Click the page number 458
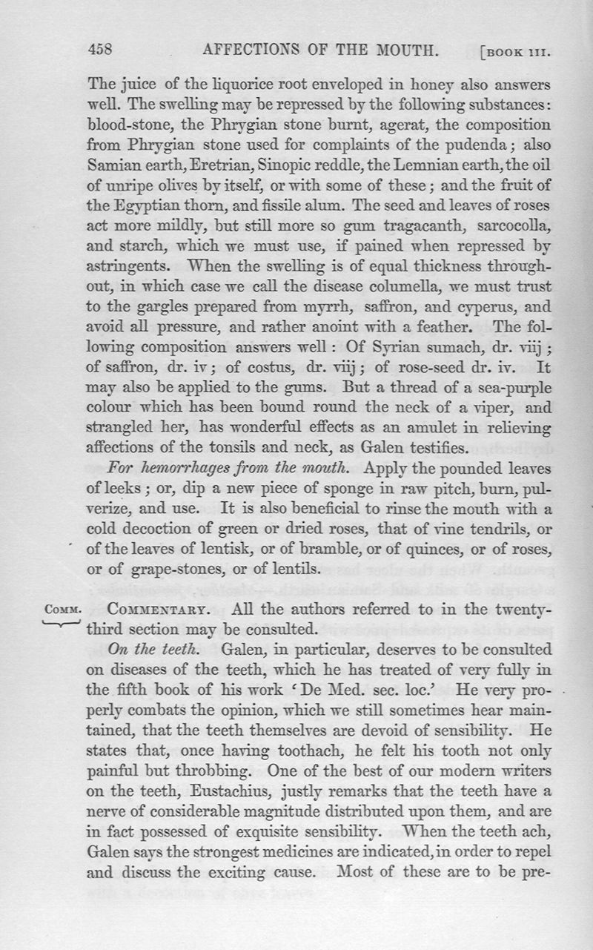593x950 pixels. [100, 50]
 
